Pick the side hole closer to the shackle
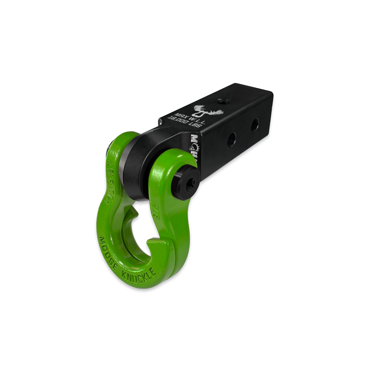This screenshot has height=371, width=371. [233, 137]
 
